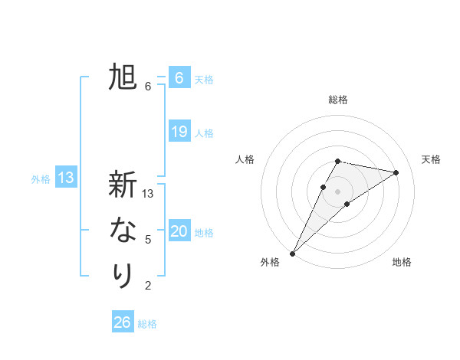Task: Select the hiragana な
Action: [x=123, y=230]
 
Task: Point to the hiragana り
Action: [x=123, y=275]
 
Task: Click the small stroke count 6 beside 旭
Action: [x=148, y=87]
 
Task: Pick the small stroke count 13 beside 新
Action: [x=149, y=194]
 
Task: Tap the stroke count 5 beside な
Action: [x=148, y=240]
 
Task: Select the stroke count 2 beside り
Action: [x=148, y=286]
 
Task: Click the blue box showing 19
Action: [x=179, y=132]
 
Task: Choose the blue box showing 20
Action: [x=179, y=231]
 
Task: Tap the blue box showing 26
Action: [x=123, y=322]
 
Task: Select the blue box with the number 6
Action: [x=179, y=78]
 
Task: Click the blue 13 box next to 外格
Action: [x=66, y=178]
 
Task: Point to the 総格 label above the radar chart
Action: [x=338, y=100]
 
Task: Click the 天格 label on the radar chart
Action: [x=432, y=159]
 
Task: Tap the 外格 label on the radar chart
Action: [x=270, y=263]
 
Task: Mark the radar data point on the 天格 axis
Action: [x=396, y=172]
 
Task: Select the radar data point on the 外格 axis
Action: [x=292, y=253]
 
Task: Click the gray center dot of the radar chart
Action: [x=338, y=191]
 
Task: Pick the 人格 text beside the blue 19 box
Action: [x=204, y=133]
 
